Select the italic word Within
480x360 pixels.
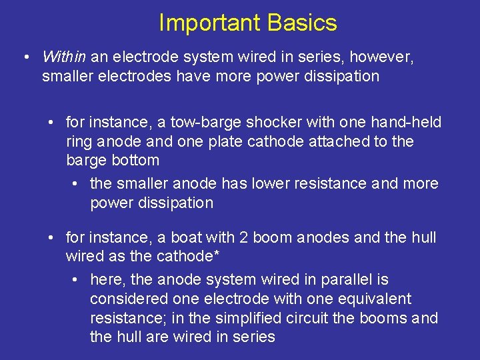pyautogui.click(x=63, y=57)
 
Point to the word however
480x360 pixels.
pyautogui.click(x=384, y=57)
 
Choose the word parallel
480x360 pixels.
pyautogui.click(x=358, y=280)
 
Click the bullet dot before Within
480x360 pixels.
pyautogui.click(x=25, y=57)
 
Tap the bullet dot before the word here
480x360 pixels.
pyautogui.click(x=76, y=280)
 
